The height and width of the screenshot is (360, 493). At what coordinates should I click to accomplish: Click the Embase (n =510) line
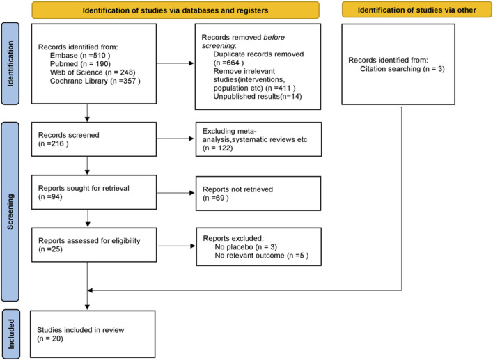[80, 56]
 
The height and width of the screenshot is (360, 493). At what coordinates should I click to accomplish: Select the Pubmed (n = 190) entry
[80, 64]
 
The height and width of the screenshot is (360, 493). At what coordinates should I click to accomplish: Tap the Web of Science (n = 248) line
[93, 72]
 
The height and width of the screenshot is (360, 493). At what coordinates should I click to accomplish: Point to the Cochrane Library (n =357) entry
[95, 81]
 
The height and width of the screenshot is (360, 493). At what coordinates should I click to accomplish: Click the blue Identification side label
[10, 63]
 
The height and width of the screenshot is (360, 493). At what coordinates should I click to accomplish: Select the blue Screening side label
[10, 212]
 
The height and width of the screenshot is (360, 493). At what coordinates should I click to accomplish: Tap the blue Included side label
[11, 334]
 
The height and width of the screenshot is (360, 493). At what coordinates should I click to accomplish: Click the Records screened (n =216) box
[94, 139]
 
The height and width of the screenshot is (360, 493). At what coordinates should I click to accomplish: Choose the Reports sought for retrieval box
[94, 192]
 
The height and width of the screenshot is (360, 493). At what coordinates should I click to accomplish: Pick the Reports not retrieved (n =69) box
[258, 194]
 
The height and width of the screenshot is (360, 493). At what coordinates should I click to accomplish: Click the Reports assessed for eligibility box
[94, 245]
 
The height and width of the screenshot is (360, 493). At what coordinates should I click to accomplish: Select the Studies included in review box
[93, 334]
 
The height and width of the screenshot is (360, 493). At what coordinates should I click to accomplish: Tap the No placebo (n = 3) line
[246, 247]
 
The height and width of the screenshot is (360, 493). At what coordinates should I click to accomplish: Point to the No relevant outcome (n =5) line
[262, 256]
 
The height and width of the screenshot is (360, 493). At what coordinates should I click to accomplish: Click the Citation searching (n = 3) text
[402, 69]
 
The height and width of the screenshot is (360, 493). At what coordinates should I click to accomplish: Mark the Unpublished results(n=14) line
[258, 97]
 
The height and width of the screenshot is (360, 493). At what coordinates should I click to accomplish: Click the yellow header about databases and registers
[175, 10]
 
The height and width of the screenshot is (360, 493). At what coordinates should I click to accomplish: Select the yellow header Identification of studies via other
[417, 10]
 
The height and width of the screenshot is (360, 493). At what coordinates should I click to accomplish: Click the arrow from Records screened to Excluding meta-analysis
[175, 139]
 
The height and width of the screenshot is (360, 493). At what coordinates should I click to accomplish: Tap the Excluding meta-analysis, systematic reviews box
[259, 139]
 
